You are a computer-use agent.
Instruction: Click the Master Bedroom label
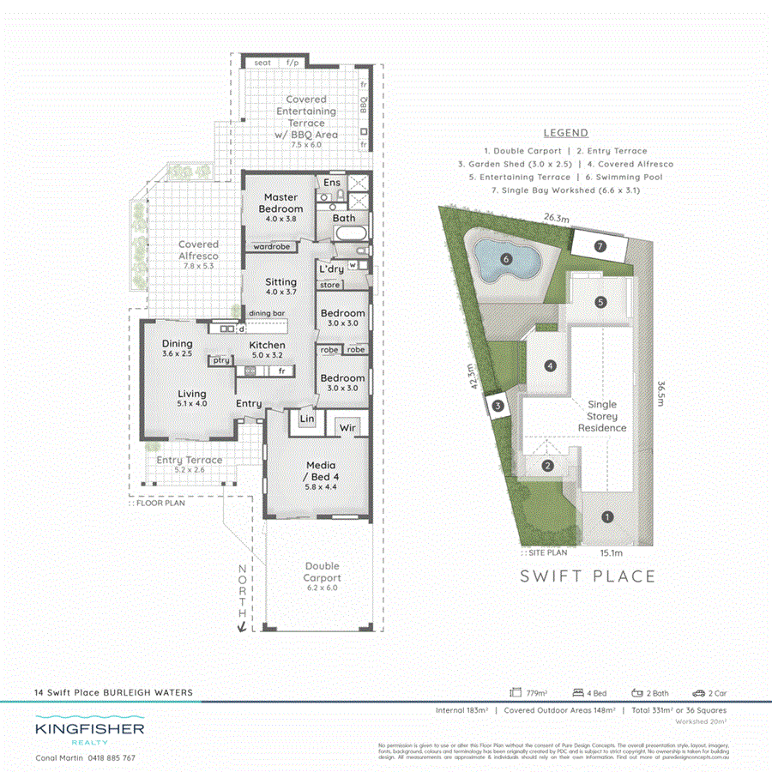click(280, 203)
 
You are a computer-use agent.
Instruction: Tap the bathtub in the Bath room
click(349, 234)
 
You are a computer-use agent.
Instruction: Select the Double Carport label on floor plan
click(322, 572)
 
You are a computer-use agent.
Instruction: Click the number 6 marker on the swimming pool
click(506, 258)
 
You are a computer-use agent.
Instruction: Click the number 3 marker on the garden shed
click(498, 407)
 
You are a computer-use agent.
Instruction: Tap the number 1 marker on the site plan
click(607, 516)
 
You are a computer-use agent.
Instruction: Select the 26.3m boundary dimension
click(557, 219)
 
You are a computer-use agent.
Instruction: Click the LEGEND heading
click(566, 133)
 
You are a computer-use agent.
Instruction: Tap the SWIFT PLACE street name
click(588, 576)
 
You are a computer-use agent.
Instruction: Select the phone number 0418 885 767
click(109, 758)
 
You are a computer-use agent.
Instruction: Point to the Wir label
click(348, 426)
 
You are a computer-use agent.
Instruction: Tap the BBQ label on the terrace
click(364, 106)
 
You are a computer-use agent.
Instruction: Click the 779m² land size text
click(536, 693)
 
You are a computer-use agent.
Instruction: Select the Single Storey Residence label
click(601, 416)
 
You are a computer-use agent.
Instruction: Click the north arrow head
click(243, 628)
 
